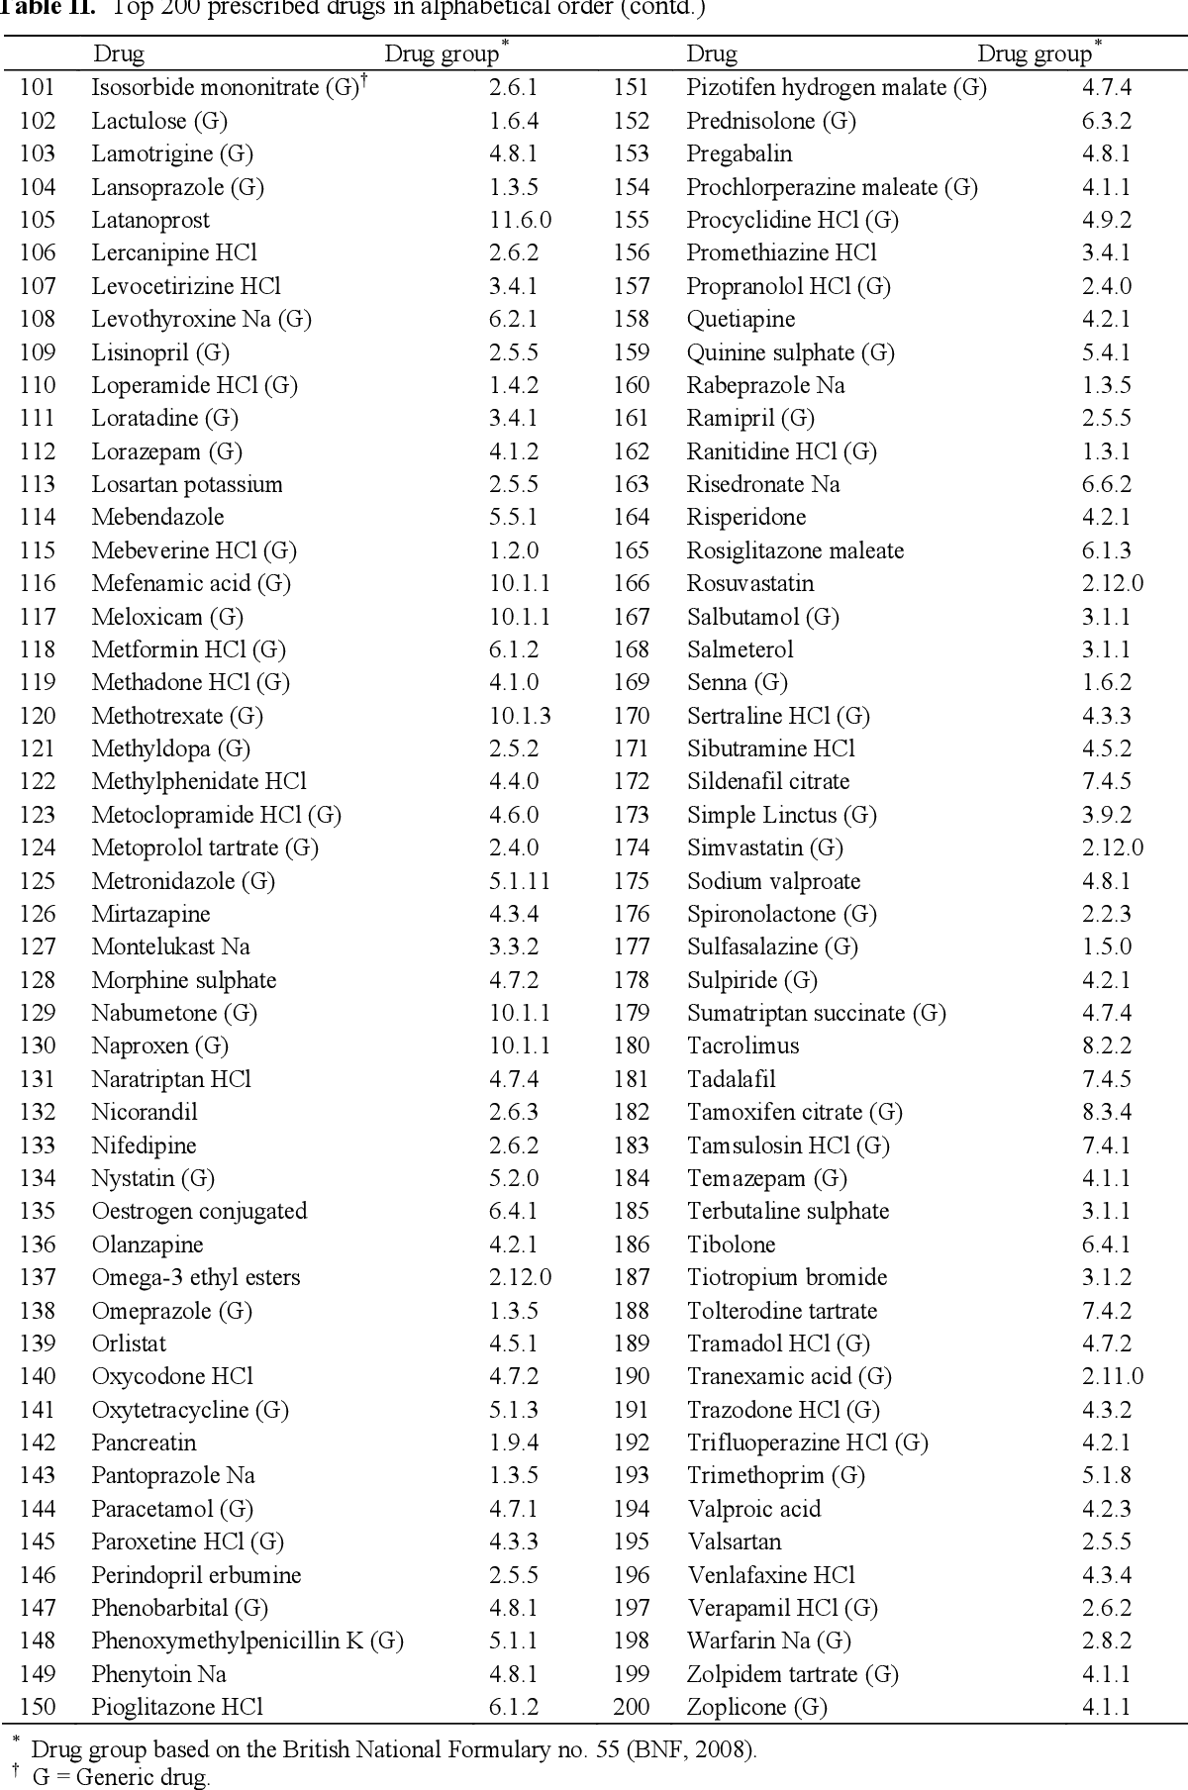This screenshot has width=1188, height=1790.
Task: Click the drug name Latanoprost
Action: pyautogui.click(x=150, y=220)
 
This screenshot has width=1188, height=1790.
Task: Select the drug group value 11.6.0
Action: pyautogui.click(x=520, y=220)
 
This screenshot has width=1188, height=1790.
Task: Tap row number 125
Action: pyautogui.click(x=38, y=881)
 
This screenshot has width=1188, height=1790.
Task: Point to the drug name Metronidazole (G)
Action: pyautogui.click(x=183, y=881)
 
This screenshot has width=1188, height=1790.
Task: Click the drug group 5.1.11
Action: pyautogui.click(x=520, y=881)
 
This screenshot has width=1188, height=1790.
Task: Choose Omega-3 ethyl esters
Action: pyautogui.click(x=196, y=1277)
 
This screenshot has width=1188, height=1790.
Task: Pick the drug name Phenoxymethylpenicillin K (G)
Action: pyautogui.click(x=247, y=1641)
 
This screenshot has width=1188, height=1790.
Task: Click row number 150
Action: pyautogui.click(x=38, y=1707)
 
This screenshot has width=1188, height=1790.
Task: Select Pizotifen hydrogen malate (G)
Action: pyautogui.click(x=837, y=87)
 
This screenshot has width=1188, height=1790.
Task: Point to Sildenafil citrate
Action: pyautogui.click(x=768, y=781)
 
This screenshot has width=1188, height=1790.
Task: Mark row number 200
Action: pyautogui.click(x=632, y=1707)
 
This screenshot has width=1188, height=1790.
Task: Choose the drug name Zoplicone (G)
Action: pyautogui.click(x=757, y=1707)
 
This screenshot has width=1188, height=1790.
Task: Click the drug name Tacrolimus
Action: pyautogui.click(x=742, y=1045)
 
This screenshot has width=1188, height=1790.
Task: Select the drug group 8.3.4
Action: pyautogui.click(x=1107, y=1112)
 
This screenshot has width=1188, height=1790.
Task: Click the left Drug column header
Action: pyautogui.click(x=119, y=53)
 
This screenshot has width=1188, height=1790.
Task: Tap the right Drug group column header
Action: pyautogui.click(x=1035, y=53)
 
